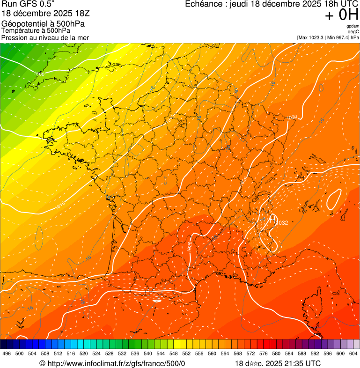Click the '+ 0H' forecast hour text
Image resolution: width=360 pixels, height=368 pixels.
341,15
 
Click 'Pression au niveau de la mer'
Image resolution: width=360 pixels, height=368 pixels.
45,37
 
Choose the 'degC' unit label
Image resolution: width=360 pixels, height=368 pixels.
353,31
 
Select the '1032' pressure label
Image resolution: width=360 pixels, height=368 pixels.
282,223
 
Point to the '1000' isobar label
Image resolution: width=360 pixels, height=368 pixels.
39,74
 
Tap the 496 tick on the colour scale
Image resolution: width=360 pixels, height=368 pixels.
7,353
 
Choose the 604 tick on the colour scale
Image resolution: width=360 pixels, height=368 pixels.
353,353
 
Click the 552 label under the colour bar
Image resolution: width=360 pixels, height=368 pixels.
186,353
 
